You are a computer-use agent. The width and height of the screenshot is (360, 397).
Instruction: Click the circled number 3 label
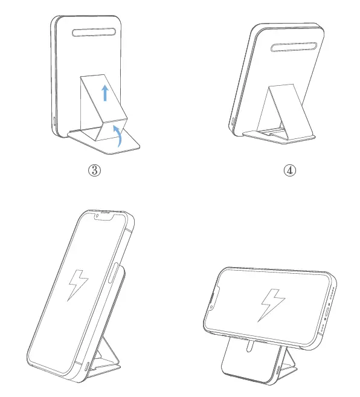pyautogui.click(x=94, y=170)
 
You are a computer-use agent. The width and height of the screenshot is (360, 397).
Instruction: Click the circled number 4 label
pyautogui.click(x=289, y=170)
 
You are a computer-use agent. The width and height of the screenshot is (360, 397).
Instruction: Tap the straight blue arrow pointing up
pyautogui.click(x=105, y=93)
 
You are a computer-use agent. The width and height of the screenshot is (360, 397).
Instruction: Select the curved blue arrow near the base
pyautogui.click(x=118, y=135)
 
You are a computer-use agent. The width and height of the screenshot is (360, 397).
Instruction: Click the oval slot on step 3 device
pyautogui.click(x=94, y=33)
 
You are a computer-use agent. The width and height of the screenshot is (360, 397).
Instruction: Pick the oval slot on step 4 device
pyautogui.click(x=294, y=47)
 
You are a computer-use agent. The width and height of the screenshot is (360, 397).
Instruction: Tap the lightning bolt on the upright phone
pyautogui.click(x=78, y=285)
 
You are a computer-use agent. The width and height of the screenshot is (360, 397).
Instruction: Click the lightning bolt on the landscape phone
pyautogui.click(x=272, y=305)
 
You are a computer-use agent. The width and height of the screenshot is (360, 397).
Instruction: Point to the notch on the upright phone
pyautogui.click(x=104, y=216)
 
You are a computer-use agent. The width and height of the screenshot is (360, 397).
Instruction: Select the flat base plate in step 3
pyautogui.click(x=104, y=141)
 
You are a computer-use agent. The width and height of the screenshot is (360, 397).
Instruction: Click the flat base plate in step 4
pyautogui.click(x=278, y=137)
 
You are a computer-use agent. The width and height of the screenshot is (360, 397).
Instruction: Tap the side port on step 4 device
pyautogui.click(x=233, y=121)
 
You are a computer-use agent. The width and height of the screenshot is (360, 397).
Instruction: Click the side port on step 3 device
pyautogui.click(x=54, y=121)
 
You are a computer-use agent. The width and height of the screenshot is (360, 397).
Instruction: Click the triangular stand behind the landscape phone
pyautogui.click(x=288, y=357)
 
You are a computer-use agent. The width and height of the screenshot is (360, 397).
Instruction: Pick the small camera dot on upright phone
pyautogui.click(x=97, y=216)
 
